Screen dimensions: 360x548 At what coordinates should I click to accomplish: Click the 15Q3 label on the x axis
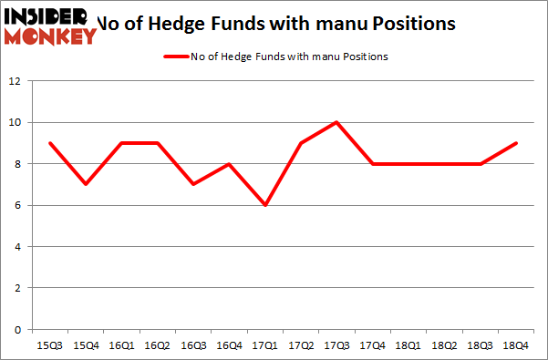(50, 346)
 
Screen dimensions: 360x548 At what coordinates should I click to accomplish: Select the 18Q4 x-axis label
(514, 346)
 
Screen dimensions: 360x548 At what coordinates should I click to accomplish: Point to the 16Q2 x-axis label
(157, 346)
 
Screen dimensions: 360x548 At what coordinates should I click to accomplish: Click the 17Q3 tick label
(336, 346)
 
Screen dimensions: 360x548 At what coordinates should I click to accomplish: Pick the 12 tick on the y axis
(15, 81)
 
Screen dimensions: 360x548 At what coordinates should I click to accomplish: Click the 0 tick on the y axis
(17, 330)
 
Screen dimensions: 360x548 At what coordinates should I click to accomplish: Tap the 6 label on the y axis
(17, 206)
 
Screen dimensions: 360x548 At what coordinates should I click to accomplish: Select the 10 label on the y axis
(15, 123)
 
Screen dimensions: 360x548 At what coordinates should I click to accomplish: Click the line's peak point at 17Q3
(336, 122)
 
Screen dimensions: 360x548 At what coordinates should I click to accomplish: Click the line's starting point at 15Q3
(50, 143)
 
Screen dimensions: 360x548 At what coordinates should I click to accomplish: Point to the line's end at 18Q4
(514, 143)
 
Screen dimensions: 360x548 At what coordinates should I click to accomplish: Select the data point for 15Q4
(86, 184)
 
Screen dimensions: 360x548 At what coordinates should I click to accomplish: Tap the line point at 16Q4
(229, 164)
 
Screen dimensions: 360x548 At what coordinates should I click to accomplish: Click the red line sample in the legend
(176, 57)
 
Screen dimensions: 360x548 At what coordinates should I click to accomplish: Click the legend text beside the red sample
(290, 57)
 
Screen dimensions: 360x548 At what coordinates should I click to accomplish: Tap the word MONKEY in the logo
(51, 36)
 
